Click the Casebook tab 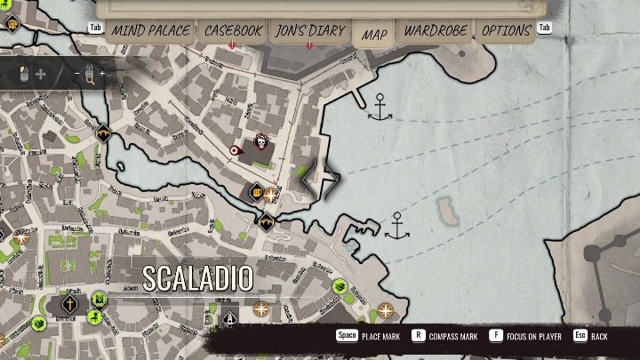(x=233, y=31)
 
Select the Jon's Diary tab (x=308, y=31)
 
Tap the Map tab (x=374, y=35)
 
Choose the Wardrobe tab (x=436, y=31)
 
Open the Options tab (x=506, y=31)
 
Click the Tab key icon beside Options (x=545, y=28)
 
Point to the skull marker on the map (x=261, y=143)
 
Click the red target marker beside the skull (x=236, y=151)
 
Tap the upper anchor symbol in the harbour (x=380, y=111)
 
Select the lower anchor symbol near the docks (x=397, y=226)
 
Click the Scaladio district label (x=198, y=278)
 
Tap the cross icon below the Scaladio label (x=68, y=306)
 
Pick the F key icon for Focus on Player (x=495, y=337)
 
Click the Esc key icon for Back (x=579, y=337)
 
